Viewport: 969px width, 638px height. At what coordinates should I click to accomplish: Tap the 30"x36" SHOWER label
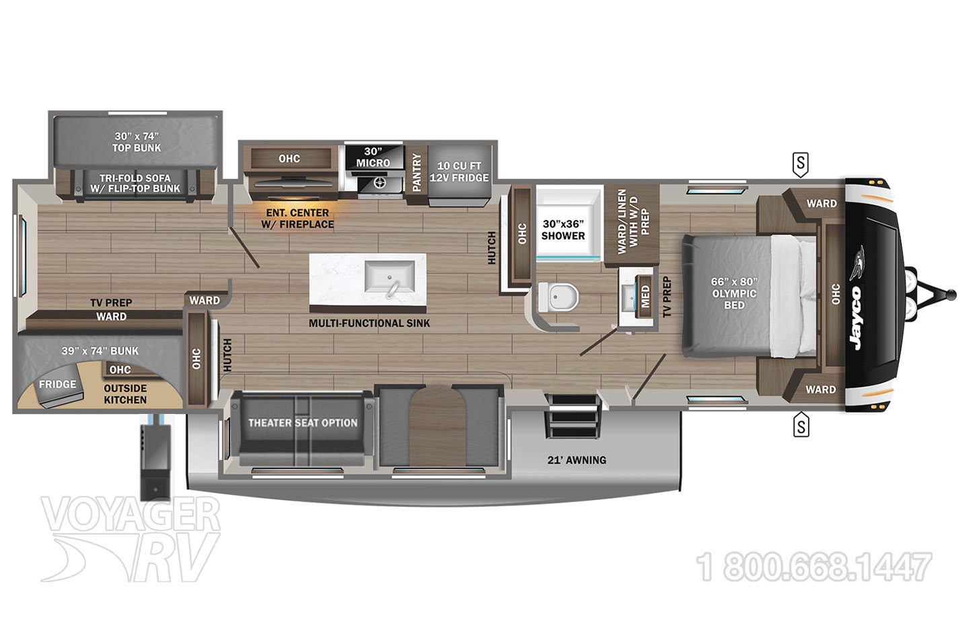coord(563,229)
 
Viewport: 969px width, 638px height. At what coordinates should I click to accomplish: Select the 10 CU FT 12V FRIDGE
coord(460,175)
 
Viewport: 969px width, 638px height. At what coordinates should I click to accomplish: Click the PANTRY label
coord(417,172)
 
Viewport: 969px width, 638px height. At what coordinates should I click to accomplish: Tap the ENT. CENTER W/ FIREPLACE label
coord(297,219)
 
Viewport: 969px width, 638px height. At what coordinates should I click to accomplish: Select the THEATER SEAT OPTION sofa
coord(302,428)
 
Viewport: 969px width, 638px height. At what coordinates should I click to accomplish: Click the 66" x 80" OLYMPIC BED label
coord(734,293)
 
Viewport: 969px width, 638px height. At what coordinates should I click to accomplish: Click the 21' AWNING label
coord(577,460)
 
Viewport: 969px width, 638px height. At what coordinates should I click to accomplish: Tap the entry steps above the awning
coord(573,417)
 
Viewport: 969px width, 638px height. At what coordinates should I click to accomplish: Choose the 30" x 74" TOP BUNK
coord(136,141)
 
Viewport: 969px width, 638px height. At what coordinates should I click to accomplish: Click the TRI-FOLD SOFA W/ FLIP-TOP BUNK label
coord(135,184)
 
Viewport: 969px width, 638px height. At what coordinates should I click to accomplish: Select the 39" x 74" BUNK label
coord(100,351)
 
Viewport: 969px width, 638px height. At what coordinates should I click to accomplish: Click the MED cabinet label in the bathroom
coord(645,296)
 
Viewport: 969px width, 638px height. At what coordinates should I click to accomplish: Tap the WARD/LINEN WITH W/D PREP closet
coord(632,225)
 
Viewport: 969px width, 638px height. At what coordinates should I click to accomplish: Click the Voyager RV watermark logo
coord(131,538)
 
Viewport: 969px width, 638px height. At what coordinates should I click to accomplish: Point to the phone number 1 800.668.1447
coord(814,567)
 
